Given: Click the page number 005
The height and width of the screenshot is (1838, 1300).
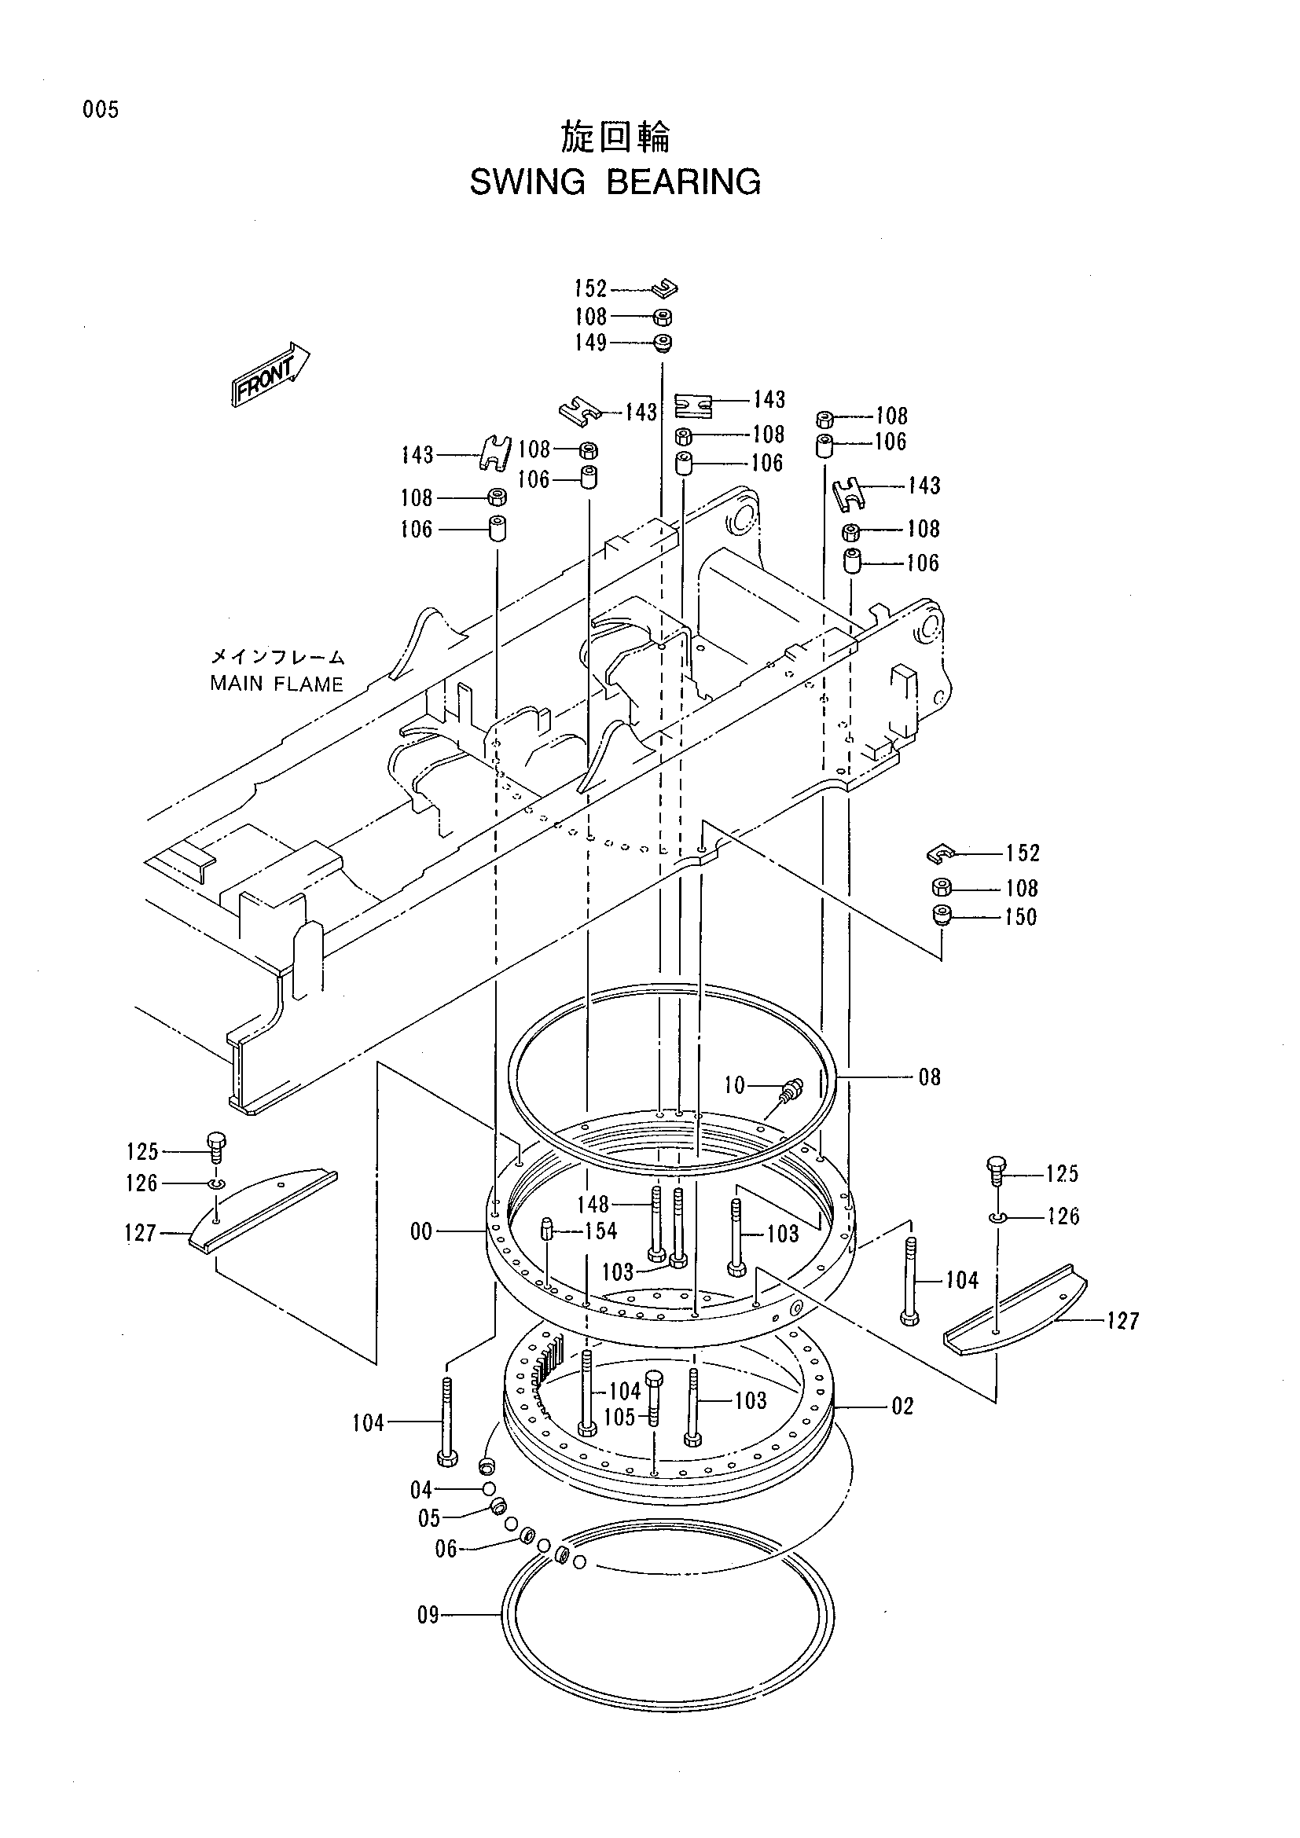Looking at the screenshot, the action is tap(100, 110).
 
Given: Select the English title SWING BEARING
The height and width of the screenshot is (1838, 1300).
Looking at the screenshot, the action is tap(615, 182).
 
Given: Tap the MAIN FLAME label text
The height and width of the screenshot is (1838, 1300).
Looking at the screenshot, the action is tap(276, 684).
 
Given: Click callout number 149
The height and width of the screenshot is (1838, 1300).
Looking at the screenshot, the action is tap(591, 343).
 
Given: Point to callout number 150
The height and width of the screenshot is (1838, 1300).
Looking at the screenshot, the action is tap(1021, 916).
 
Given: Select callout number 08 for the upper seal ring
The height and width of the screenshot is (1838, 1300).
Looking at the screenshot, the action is tap(929, 1077).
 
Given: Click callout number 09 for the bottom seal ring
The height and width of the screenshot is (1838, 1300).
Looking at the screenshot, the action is tap(428, 1616).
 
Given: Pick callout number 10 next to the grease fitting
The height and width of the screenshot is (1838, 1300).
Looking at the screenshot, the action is tap(734, 1084).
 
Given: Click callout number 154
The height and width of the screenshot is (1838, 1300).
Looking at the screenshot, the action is tap(600, 1231).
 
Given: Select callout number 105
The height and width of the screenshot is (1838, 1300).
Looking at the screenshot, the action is tap(619, 1417).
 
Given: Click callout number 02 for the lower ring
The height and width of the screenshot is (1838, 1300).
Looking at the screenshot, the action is tap(902, 1407).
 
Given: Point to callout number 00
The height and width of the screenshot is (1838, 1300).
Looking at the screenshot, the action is tap(421, 1231).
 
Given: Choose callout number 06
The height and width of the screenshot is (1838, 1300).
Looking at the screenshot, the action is tap(446, 1549).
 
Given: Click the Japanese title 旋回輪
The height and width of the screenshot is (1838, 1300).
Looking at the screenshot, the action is tap(615, 138).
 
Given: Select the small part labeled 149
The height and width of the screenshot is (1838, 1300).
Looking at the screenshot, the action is tap(662, 343).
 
